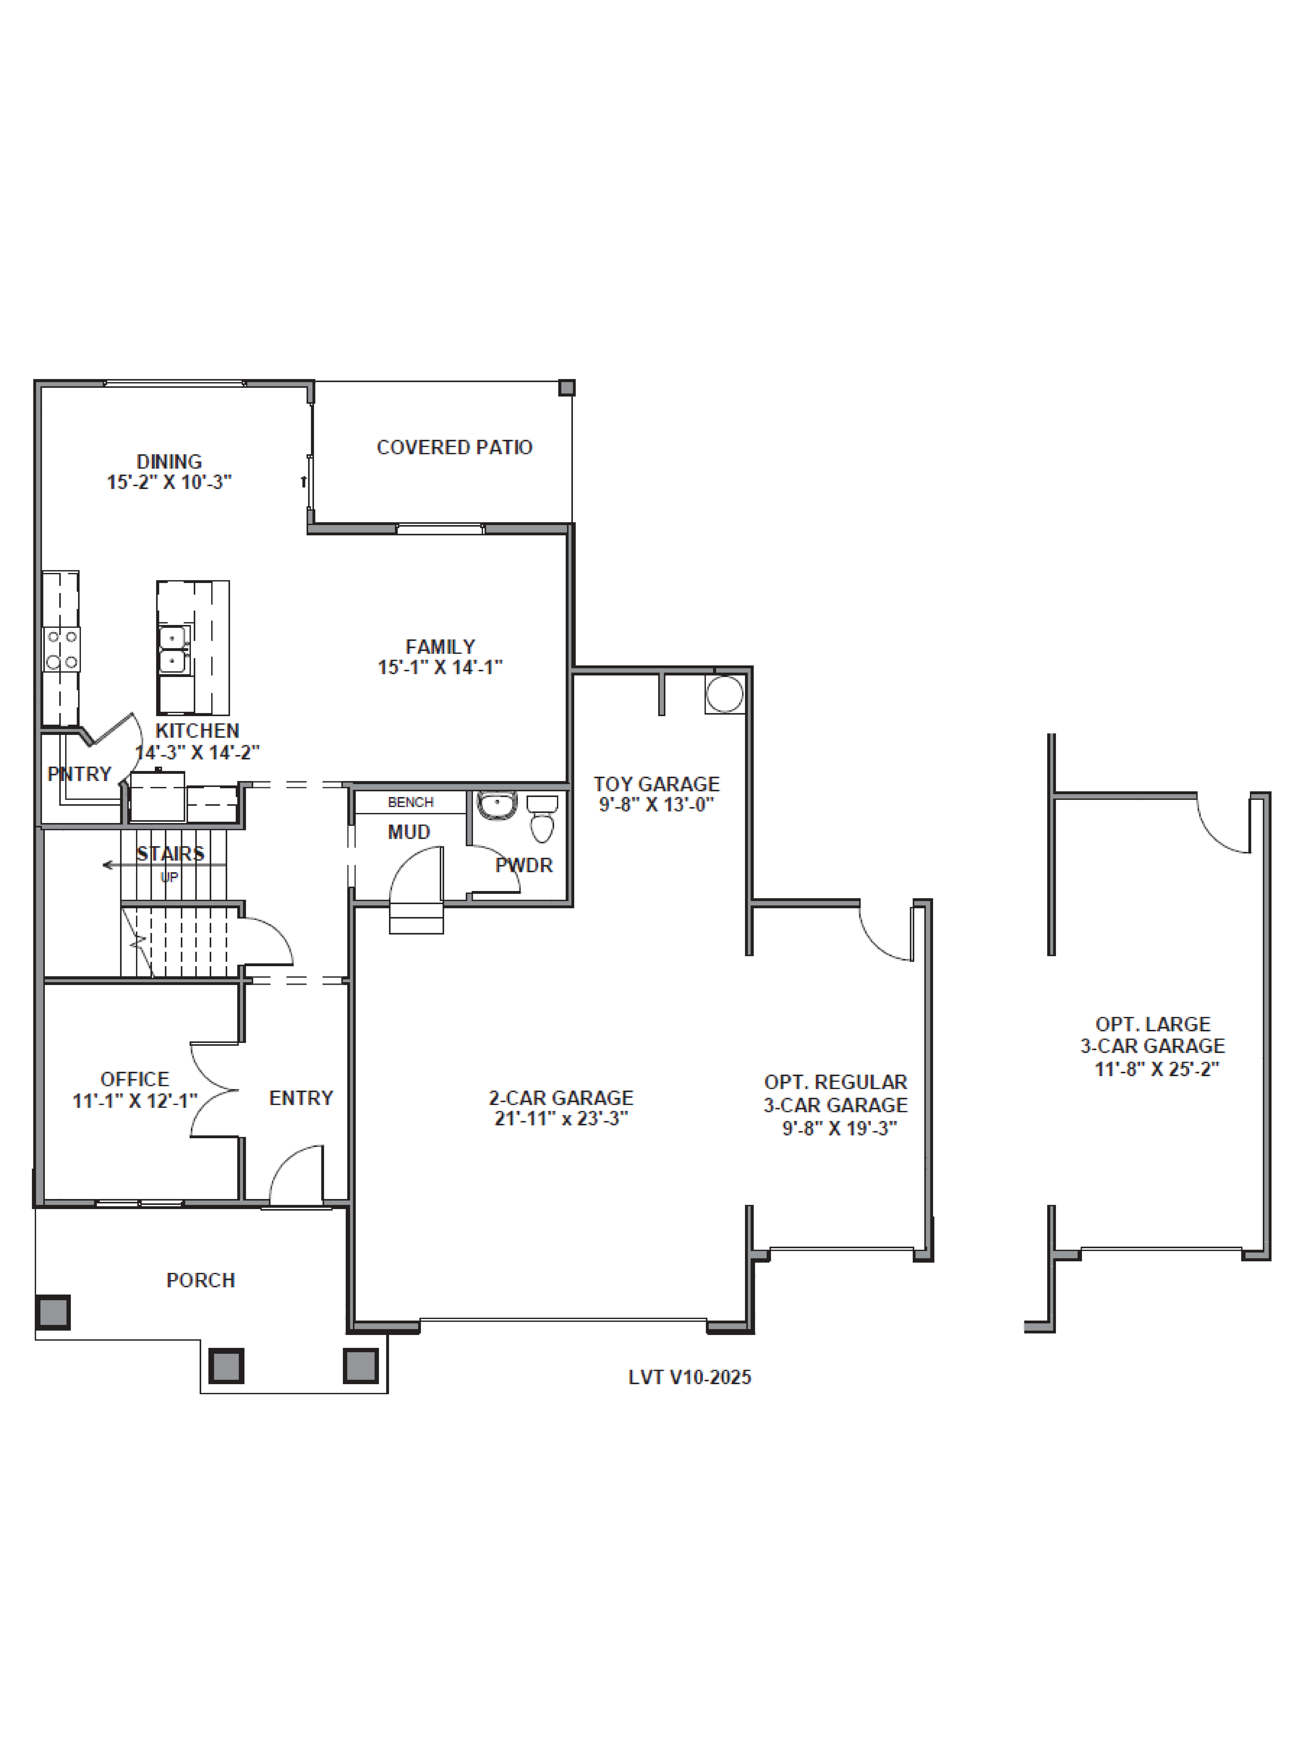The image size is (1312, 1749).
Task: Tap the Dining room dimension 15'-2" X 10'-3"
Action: tap(169, 482)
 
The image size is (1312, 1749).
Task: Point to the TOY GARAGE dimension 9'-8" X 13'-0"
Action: tap(656, 805)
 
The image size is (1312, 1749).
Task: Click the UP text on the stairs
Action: tap(169, 877)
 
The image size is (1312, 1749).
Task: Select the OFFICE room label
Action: tap(134, 1079)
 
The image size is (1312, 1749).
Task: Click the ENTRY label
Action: tap(301, 1098)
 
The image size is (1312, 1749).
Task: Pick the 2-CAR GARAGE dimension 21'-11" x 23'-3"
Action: tap(562, 1118)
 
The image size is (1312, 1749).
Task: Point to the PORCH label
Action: tap(201, 1280)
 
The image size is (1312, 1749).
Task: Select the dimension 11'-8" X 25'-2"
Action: tap(1157, 1069)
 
